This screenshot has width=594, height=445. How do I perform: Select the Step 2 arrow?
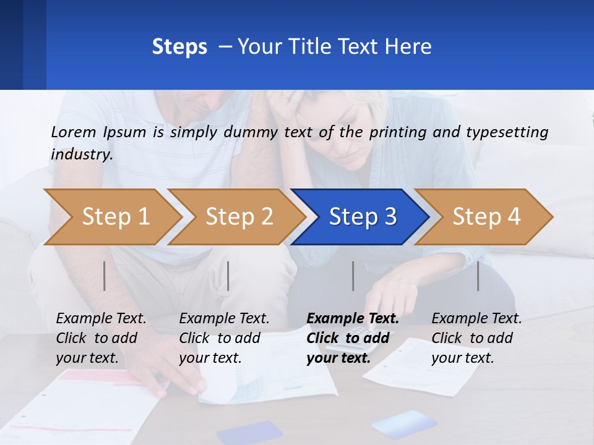(x=239, y=216)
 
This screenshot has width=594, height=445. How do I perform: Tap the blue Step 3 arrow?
(x=363, y=216)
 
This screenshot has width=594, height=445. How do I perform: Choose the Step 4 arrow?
(x=486, y=216)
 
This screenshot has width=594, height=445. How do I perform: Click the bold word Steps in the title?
(x=179, y=47)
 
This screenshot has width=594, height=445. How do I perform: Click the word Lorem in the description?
(x=73, y=132)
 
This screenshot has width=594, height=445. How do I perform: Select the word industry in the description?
(x=82, y=154)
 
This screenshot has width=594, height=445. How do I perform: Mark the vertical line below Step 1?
(x=105, y=276)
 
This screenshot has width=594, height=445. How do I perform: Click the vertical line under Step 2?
(x=228, y=276)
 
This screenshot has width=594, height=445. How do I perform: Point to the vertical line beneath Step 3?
(x=353, y=276)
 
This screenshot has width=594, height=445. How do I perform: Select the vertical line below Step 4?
(x=478, y=276)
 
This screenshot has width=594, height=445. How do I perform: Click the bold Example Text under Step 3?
(x=353, y=319)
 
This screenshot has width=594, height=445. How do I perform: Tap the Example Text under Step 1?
(x=101, y=319)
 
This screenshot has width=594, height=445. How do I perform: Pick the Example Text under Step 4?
(x=476, y=319)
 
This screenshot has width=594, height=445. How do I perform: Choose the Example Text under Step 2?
(x=224, y=319)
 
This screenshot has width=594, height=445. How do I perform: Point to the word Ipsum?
(x=125, y=132)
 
